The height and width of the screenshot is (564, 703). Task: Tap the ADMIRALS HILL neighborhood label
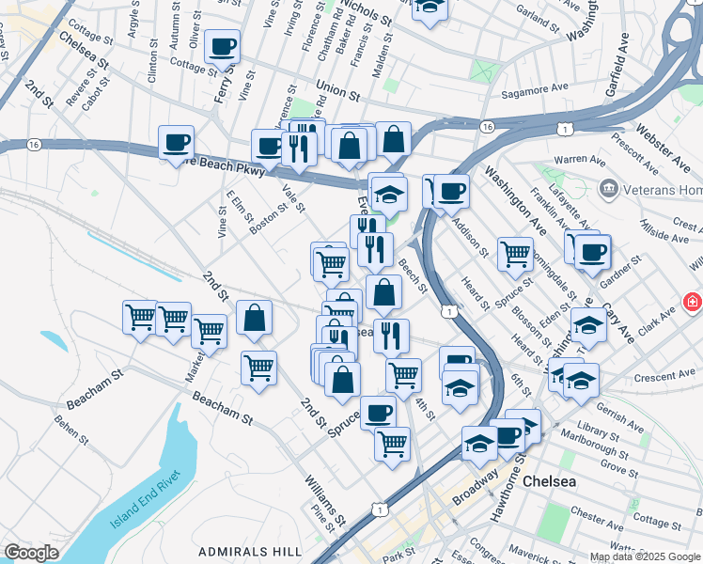pos(250,550)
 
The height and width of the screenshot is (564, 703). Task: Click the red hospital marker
pos(693,303)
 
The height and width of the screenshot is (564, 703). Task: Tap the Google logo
pos(31,553)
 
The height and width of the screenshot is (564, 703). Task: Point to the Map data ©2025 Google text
pos(645,556)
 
